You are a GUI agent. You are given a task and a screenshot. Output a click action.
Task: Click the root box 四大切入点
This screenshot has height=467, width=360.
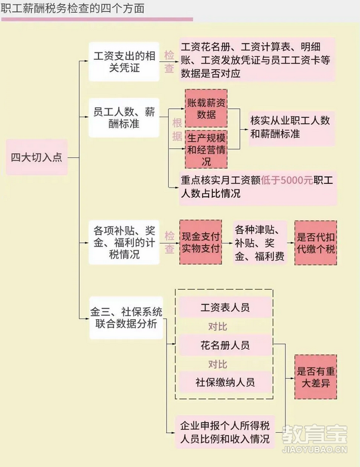(x=37, y=157)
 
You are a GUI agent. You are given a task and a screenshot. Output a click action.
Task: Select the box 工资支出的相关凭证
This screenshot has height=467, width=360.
(x=124, y=62)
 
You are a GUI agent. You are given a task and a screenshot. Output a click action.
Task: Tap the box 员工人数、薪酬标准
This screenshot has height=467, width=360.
(x=124, y=118)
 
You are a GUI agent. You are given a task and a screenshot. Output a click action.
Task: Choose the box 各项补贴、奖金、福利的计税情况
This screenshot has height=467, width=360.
(x=124, y=242)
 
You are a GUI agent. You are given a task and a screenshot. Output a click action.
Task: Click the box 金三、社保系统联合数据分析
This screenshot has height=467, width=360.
(x=126, y=318)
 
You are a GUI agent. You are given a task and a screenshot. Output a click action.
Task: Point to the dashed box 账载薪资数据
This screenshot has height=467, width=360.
(x=206, y=108)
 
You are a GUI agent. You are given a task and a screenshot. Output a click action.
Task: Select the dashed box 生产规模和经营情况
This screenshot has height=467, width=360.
(x=206, y=149)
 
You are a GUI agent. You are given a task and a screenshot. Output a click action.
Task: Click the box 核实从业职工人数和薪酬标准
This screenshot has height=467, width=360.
(x=291, y=129)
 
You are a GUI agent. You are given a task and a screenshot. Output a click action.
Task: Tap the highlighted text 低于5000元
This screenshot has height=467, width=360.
(x=287, y=180)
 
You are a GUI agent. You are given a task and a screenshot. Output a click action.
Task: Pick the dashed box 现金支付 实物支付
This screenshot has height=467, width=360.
(x=201, y=242)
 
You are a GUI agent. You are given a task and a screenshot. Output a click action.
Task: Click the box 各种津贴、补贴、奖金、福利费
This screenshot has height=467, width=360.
(x=260, y=242)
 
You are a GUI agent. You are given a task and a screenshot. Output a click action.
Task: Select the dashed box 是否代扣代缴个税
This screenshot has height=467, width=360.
(x=316, y=243)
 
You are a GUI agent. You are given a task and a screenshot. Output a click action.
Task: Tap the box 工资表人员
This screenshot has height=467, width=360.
(x=225, y=307)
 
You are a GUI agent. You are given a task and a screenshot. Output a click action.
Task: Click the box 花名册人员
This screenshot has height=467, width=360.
(x=225, y=345)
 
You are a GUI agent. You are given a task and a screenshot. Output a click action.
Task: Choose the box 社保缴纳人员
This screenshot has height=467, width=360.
(x=225, y=382)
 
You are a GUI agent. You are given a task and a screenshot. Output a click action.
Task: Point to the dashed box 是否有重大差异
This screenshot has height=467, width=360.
(x=316, y=377)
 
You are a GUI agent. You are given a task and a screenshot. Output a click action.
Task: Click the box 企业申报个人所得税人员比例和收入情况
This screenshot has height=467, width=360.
(x=225, y=432)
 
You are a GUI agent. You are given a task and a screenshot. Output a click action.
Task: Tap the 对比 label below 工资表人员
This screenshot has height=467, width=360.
(x=218, y=326)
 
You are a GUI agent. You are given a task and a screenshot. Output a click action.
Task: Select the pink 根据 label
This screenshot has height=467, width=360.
(x=177, y=130)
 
